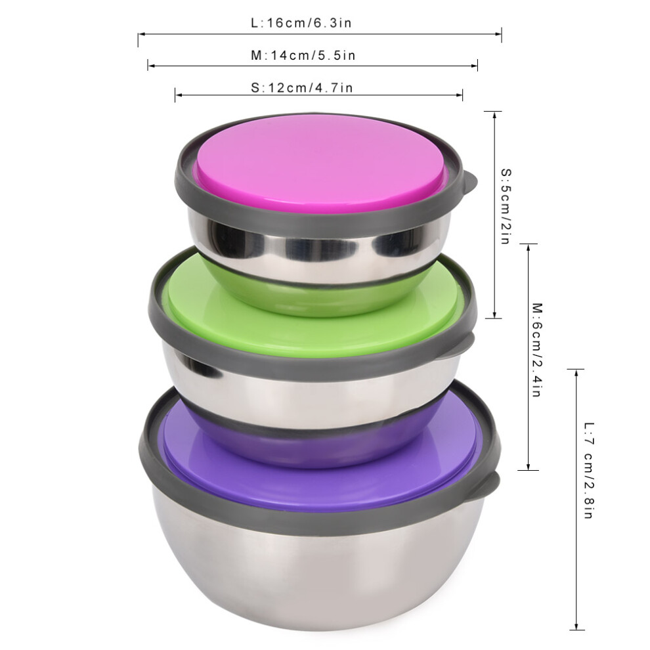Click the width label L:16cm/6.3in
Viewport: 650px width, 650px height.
[x=301, y=23]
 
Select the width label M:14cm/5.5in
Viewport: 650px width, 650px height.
[x=303, y=55]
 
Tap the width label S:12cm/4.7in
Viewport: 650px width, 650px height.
[x=302, y=88]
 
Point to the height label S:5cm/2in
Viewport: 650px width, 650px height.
[x=506, y=206]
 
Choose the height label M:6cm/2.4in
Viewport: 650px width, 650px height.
[x=537, y=351]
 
